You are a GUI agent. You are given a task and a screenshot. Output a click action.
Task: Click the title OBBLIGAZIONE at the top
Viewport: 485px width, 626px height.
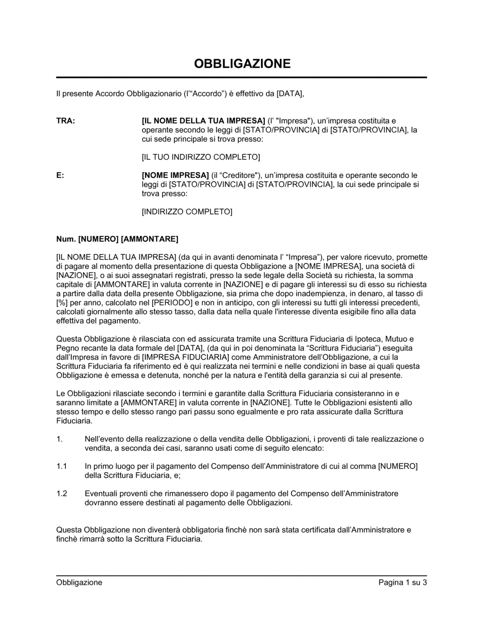pyautogui.click(x=242, y=64)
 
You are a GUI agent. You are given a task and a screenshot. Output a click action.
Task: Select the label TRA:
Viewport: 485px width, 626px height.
pyautogui.click(x=65, y=121)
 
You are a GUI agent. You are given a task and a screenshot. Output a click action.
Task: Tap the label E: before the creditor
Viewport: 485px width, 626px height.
pyautogui.click(x=60, y=175)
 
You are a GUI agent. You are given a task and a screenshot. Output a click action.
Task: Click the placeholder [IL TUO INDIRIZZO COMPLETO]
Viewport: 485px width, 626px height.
pyautogui.click(x=200, y=157)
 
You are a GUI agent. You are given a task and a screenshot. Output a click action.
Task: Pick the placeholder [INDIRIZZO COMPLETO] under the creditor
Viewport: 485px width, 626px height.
pyautogui.click(x=187, y=212)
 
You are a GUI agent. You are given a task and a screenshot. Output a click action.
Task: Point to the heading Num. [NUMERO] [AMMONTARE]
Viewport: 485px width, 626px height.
pyautogui.click(x=117, y=239)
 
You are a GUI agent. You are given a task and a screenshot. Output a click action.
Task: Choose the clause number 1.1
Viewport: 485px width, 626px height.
pyautogui.click(x=61, y=466)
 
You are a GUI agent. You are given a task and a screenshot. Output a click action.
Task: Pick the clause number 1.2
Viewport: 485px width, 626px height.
pyautogui.click(x=61, y=494)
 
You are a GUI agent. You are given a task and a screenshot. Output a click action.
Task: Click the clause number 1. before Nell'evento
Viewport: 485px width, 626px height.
pyautogui.click(x=59, y=439)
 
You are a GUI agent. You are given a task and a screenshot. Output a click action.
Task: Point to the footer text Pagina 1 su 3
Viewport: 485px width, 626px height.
pyautogui.click(x=402, y=582)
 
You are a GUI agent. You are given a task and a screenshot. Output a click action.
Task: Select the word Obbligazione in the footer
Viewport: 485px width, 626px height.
pyautogui.click(x=79, y=582)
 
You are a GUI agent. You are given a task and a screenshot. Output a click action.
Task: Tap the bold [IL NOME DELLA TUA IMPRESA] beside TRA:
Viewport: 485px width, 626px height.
pyautogui.click(x=203, y=121)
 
